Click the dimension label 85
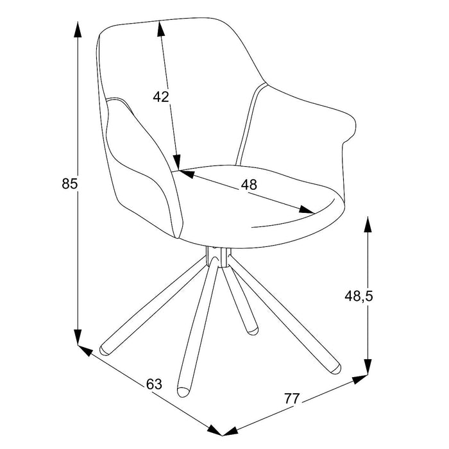click(69, 183)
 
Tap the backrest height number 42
click(161, 97)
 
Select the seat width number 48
click(249, 185)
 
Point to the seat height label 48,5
click(359, 296)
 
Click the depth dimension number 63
click(154, 384)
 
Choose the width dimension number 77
click(292, 398)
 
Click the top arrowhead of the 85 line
click(78, 30)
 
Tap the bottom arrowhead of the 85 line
click(78, 337)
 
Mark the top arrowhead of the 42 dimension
click(160, 29)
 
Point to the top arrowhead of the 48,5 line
click(368, 224)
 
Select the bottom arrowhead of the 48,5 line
click(368, 367)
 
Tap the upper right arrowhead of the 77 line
click(360, 379)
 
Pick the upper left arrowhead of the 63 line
click(85, 350)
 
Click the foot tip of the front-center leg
click(183, 392)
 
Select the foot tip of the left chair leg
click(104, 350)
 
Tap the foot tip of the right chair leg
click(335, 369)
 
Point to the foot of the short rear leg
click(252, 330)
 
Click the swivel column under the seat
click(218, 257)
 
